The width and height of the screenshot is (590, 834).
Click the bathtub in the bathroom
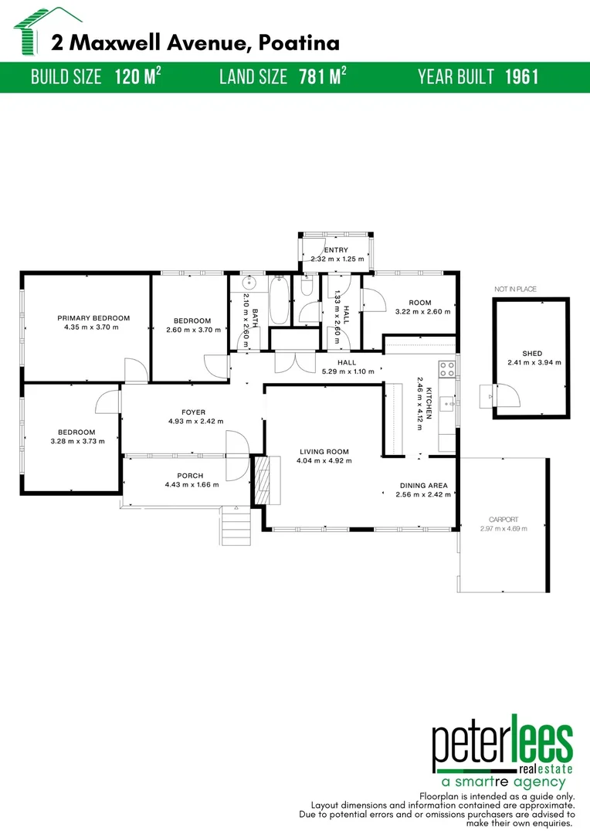(x=279, y=302)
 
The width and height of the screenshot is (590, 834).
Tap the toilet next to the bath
(x=306, y=288)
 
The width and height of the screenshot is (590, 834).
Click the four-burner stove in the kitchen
(x=446, y=369)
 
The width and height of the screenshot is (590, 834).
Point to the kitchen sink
(x=446, y=403)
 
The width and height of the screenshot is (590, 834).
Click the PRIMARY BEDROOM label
(x=93, y=317)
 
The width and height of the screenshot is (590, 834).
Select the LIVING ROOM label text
(x=324, y=452)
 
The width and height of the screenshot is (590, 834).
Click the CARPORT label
(x=504, y=520)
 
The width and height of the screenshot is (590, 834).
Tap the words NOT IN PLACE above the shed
(x=515, y=289)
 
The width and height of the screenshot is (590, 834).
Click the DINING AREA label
(x=423, y=486)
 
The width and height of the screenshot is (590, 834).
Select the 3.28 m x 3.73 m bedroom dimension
(x=76, y=441)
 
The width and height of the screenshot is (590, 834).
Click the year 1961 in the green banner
(x=521, y=77)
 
